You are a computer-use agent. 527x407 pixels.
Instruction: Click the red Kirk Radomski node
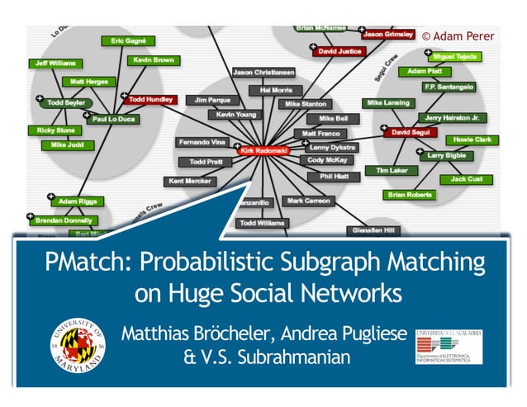pyautogui.click(x=263, y=151)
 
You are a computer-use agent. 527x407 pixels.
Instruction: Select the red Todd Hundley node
pyautogui.click(x=151, y=99)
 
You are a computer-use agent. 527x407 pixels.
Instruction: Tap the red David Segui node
pyautogui.click(x=411, y=132)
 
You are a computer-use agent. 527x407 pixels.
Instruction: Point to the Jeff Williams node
pyautogui.click(x=55, y=63)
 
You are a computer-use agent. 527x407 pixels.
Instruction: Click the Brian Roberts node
pyautogui.click(x=410, y=195)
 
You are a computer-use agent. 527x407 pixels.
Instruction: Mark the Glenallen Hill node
pyautogui.click(x=374, y=230)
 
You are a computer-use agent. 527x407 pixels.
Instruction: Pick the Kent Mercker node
pyautogui.click(x=188, y=180)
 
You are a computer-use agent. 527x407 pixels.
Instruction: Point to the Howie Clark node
pyautogui.click(x=472, y=140)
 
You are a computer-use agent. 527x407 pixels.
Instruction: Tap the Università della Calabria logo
pyautogui.click(x=449, y=346)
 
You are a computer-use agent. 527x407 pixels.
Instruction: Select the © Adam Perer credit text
pyautogui.click(x=458, y=36)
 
